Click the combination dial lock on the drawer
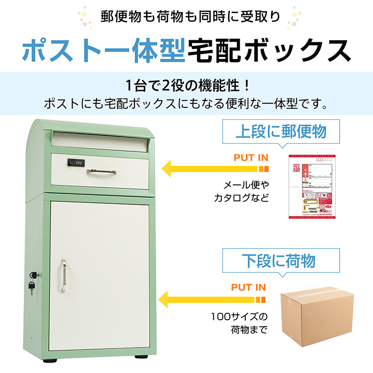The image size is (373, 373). [x=77, y=162]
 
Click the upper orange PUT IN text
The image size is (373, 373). [x=251, y=158]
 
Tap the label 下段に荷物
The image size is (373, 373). [x=278, y=260]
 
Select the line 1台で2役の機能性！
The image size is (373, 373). [x=186, y=85]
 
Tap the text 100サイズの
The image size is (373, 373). [x=239, y=316]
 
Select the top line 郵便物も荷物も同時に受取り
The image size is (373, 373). [x=186, y=15]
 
